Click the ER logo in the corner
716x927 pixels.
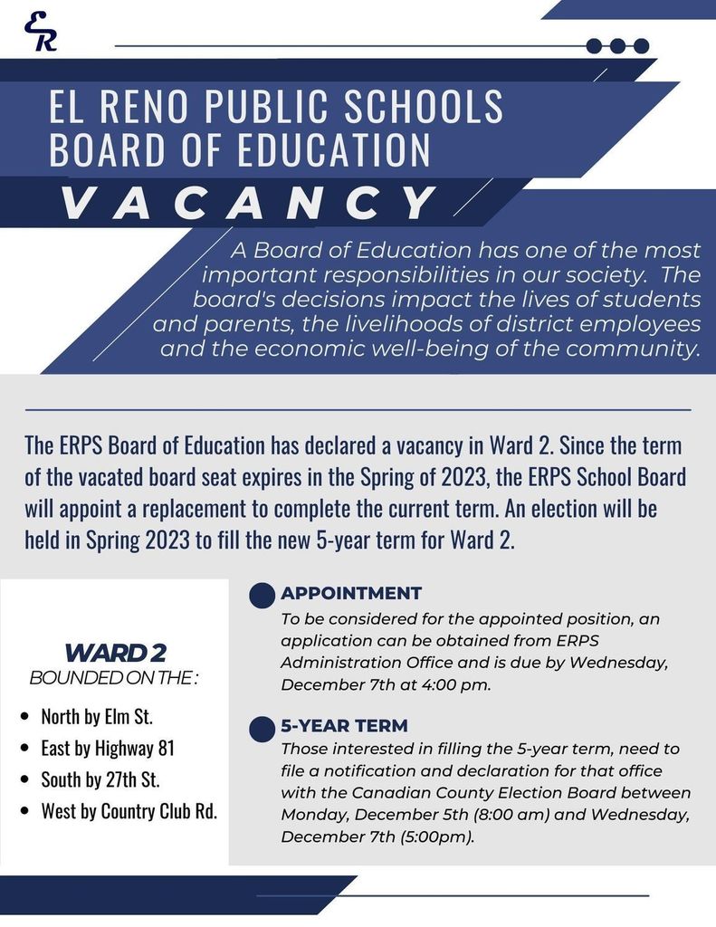click(40, 32)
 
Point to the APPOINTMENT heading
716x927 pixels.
click(351, 593)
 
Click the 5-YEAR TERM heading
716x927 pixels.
click(344, 725)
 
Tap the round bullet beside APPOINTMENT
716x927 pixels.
click(262, 595)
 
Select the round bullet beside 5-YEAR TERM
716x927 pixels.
click(262, 728)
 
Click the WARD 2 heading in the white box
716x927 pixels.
click(115, 652)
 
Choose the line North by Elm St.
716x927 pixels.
click(97, 717)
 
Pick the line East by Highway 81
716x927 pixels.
click(108, 748)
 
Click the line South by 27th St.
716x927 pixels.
click(100, 779)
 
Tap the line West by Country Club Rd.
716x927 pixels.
click(129, 810)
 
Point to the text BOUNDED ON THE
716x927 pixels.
click(113, 677)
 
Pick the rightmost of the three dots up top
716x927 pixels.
click(641, 45)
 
